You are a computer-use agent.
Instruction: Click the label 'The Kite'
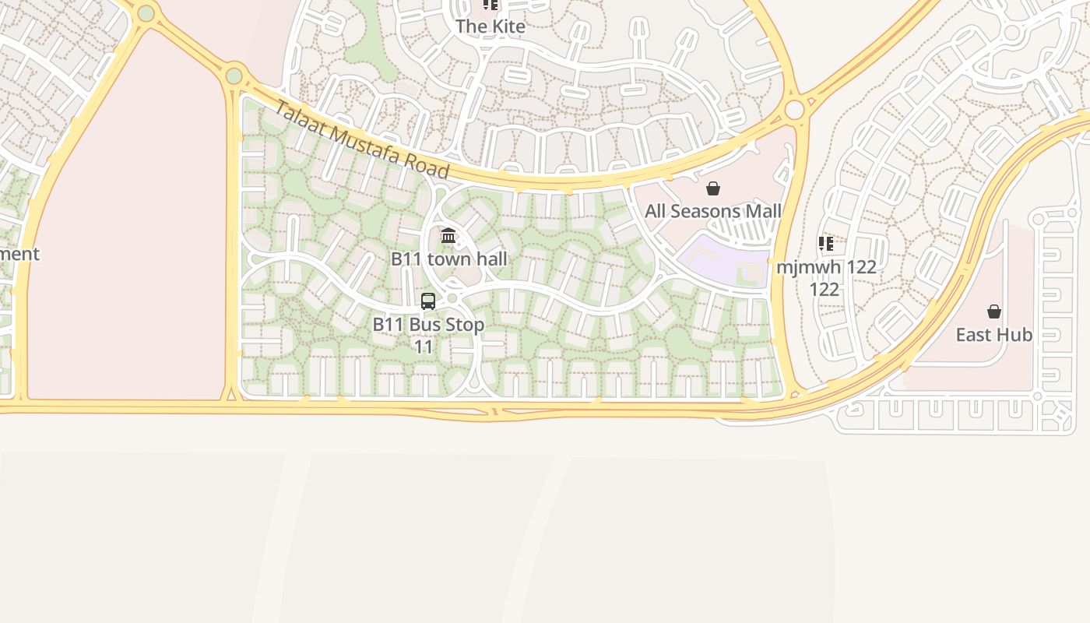click(x=490, y=26)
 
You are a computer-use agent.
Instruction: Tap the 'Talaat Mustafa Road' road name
click(x=362, y=140)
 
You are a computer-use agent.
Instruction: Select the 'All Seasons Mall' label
click(x=712, y=211)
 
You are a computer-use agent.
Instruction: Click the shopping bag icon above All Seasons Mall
click(x=712, y=188)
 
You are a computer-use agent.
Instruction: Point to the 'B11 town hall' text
click(x=448, y=259)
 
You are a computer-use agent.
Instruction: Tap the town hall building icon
click(x=448, y=235)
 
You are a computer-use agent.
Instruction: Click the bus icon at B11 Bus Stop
click(x=428, y=301)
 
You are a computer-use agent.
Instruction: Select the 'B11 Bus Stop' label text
click(x=428, y=324)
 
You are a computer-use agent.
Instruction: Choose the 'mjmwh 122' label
click(x=826, y=266)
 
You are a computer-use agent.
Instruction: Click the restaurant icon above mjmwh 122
click(x=826, y=244)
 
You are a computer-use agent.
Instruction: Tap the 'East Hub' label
click(x=993, y=335)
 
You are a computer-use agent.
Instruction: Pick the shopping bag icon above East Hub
click(x=994, y=311)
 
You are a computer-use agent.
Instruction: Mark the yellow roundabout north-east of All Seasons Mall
click(x=794, y=110)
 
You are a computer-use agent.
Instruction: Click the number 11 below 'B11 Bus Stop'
click(x=423, y=347)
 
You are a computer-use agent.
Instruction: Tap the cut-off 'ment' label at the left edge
click(x=19, y=254)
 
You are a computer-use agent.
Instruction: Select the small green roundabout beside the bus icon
click(x=452, y=297)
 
